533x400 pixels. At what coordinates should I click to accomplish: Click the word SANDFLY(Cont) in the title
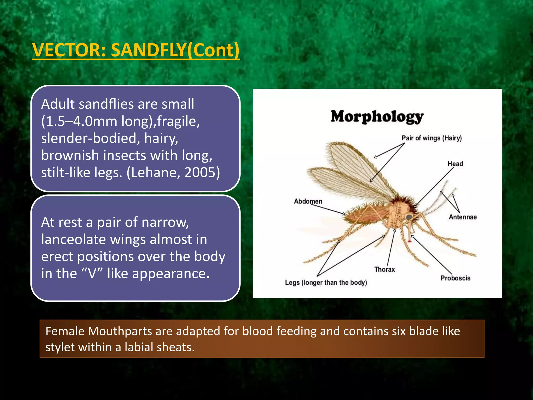(175, 50)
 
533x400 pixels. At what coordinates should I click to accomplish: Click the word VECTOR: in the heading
(69, 50)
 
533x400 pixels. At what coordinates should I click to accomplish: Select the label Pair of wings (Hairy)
(432, 138)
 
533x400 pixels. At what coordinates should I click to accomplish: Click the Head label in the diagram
(455, 164)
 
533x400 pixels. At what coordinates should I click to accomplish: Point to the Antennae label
(462, 217)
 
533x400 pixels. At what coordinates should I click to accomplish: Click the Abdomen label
(308, 201)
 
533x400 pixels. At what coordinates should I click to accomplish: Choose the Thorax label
(384, 270)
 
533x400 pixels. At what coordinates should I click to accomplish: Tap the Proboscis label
(455, 278)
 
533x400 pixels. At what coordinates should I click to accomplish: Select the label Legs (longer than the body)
(326, 283)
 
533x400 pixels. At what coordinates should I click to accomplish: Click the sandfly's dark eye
(409, 217)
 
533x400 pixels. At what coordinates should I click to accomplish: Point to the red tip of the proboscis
(410, 241)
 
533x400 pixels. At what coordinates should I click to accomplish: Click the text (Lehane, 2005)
(173, 172)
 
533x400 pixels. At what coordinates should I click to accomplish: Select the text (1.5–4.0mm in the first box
(79, 121)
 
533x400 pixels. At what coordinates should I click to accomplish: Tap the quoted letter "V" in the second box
(92, 274)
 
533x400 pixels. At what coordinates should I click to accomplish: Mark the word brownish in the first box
(70, 155)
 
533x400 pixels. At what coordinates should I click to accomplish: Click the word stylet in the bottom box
(60, 347)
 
